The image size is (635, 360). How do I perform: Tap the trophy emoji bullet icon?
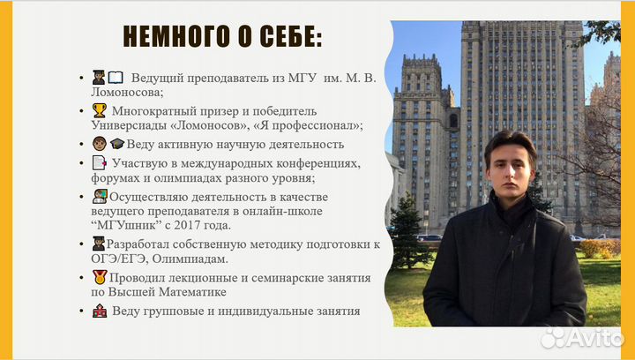99,111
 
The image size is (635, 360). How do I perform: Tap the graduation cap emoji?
116,144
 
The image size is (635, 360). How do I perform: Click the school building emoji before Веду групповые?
99,311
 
